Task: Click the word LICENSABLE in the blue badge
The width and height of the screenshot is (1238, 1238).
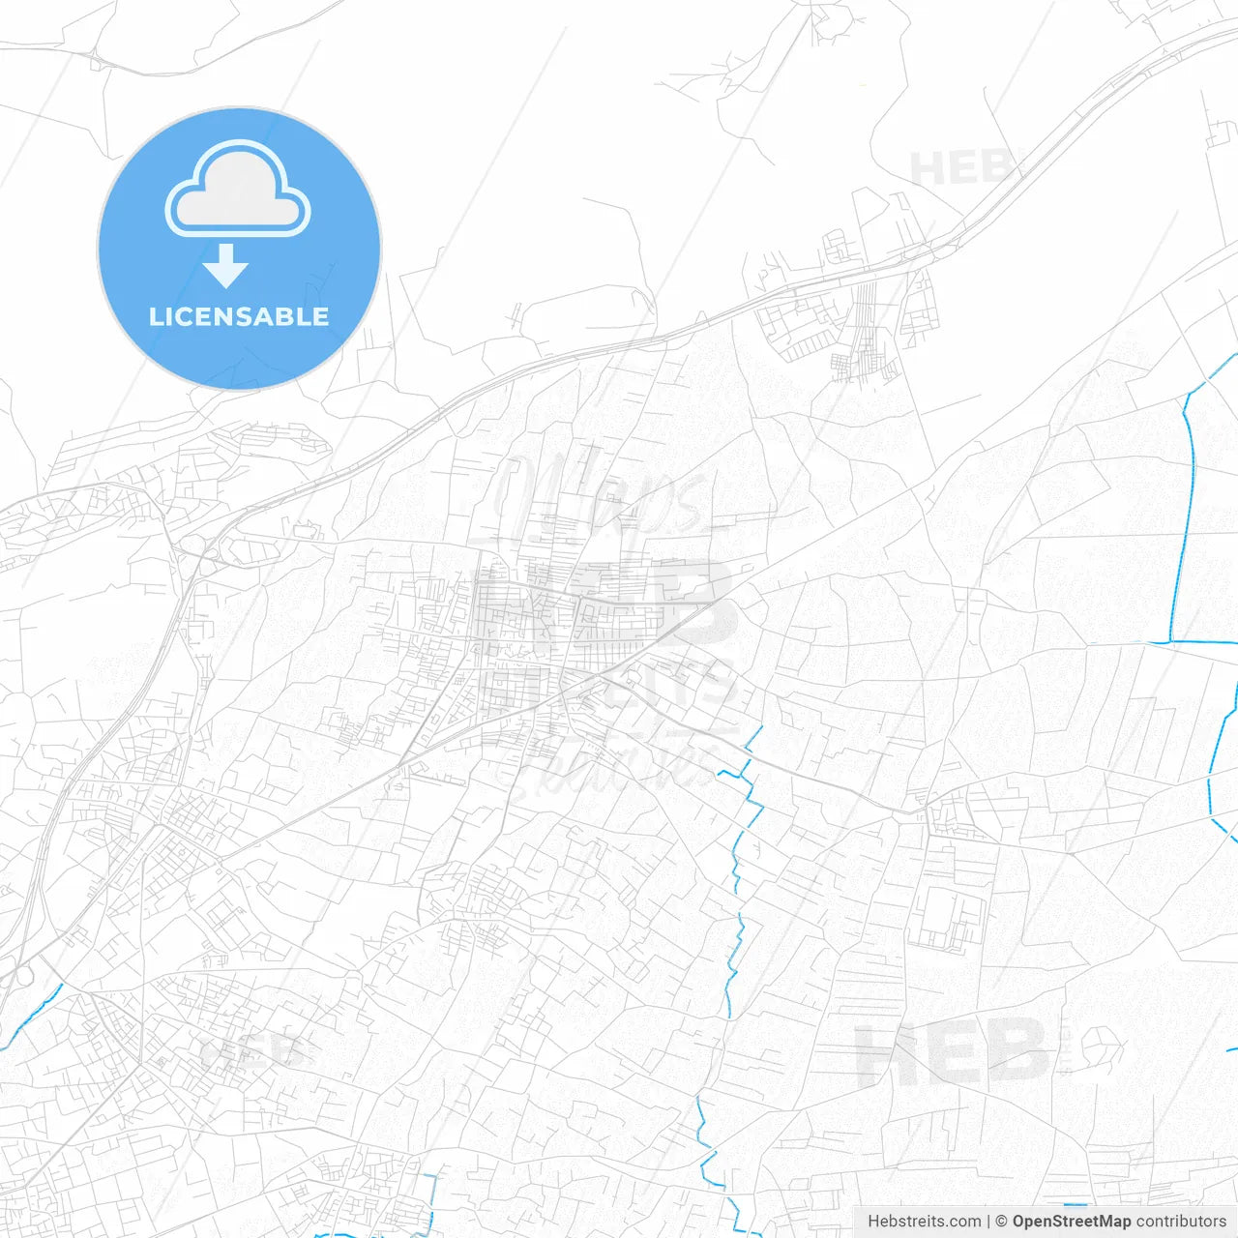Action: tap(239, 316)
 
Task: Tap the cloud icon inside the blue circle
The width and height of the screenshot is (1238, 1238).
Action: tap(238, 190)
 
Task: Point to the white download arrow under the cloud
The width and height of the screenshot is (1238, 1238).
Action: tap(226, 266)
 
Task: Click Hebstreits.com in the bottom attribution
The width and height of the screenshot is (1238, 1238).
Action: tap(924, 1222)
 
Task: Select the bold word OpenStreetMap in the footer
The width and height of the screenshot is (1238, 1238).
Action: tap(1071, 1222)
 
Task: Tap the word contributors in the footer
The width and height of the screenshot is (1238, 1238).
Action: tap(1181, 1222)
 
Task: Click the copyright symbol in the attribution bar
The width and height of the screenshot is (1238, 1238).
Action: tap(1001, 1222)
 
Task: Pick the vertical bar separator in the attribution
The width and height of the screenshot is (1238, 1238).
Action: tap(988, 1222)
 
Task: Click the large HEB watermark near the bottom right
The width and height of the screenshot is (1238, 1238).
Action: tap(953, 1052)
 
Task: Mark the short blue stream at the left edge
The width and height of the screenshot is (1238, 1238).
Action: tap(35, 1015)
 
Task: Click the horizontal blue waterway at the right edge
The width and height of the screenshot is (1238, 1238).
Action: tap(1199, 641)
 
